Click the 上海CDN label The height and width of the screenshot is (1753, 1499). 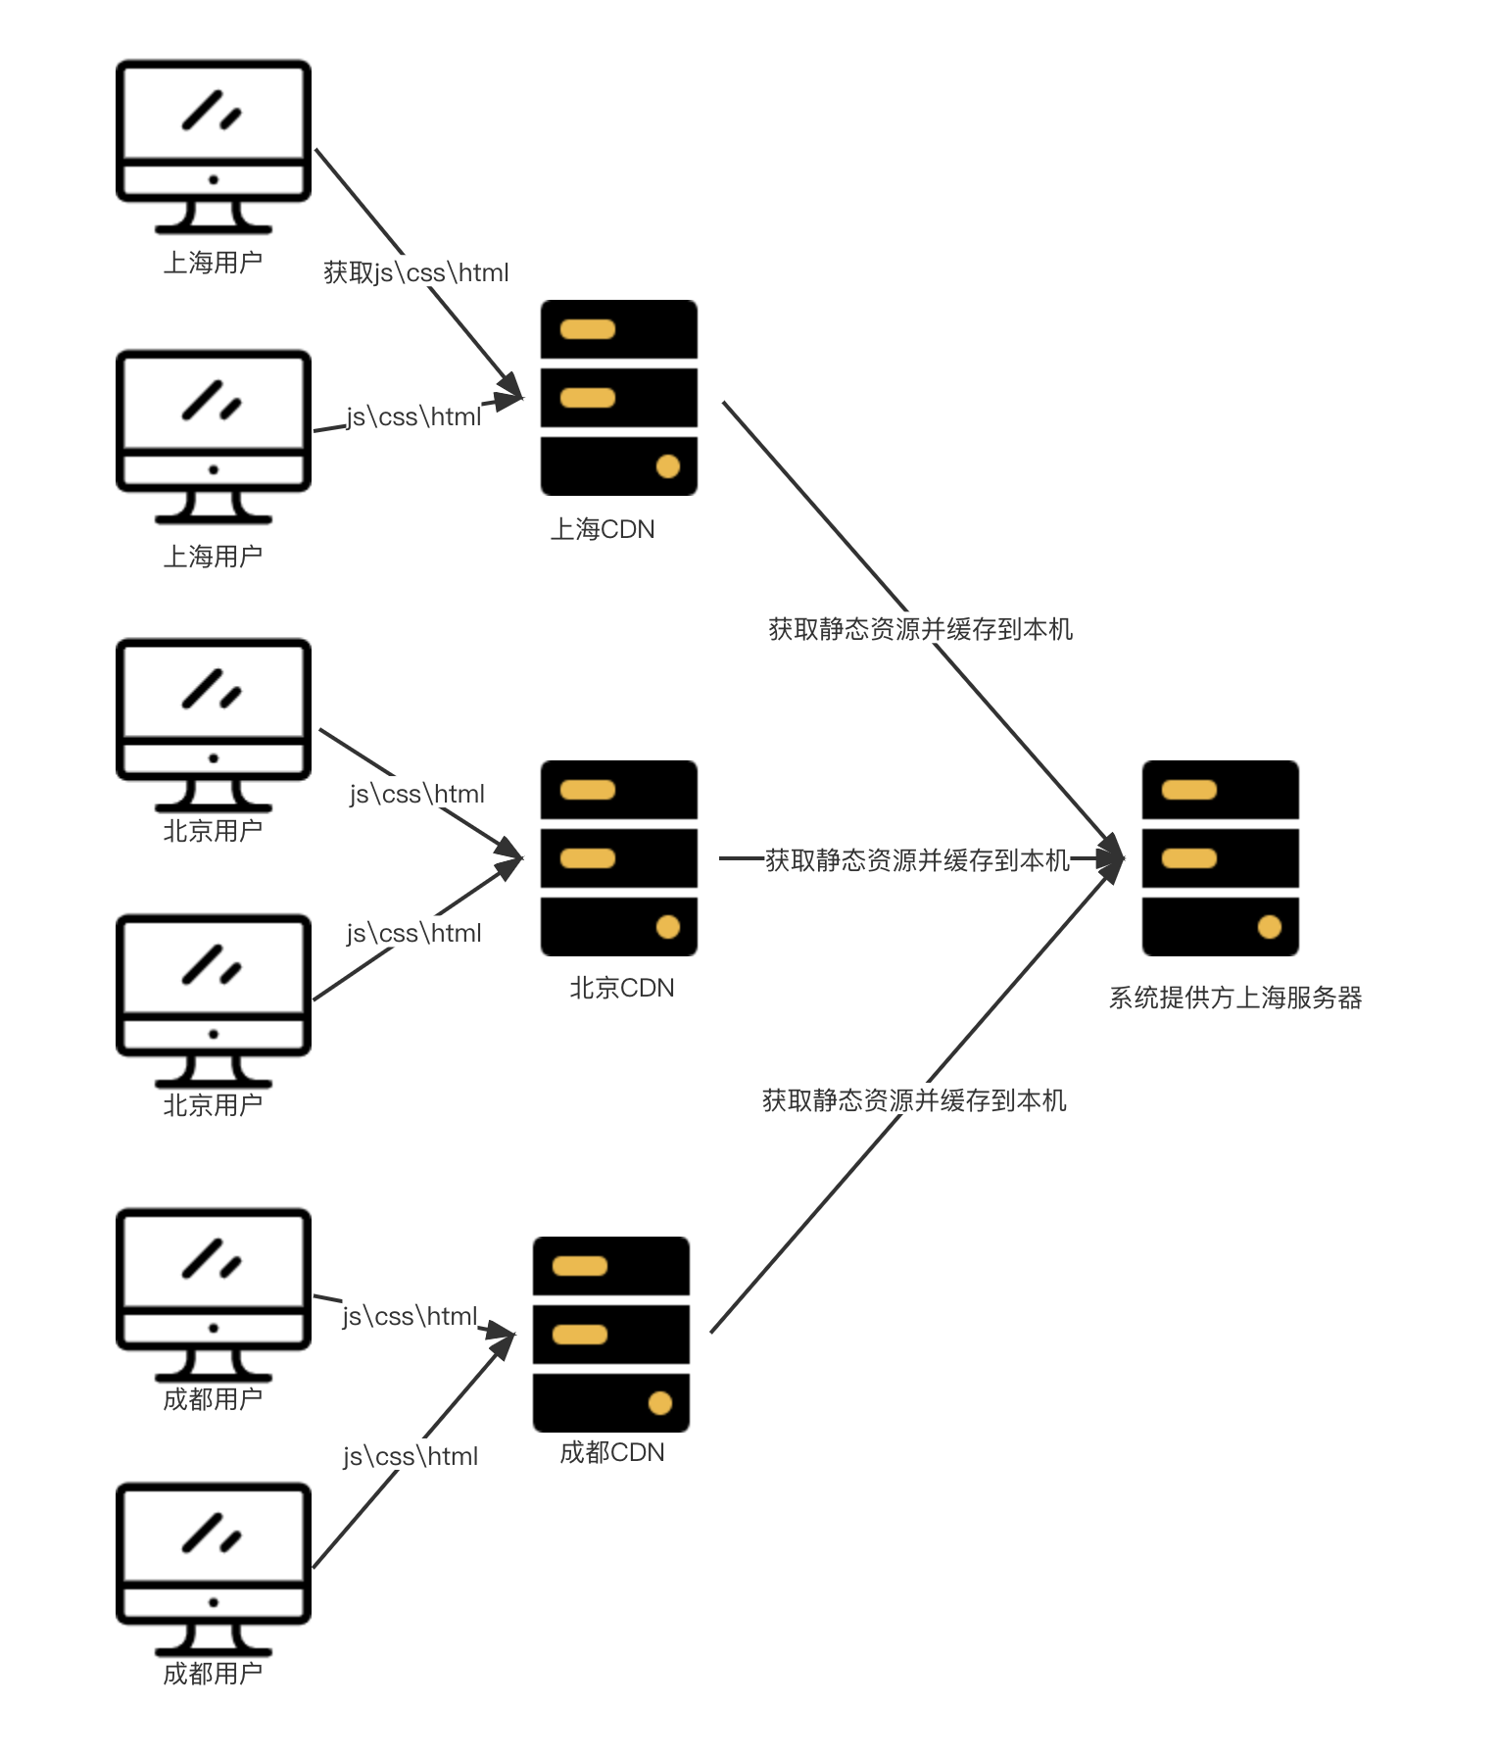tap(603, 529)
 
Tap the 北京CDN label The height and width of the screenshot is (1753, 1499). tap(622, 988)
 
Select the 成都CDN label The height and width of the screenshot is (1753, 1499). tap(612, 1452)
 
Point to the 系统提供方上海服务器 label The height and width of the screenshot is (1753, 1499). tap(1235, 998)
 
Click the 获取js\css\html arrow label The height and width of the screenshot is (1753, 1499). tap(415, 271)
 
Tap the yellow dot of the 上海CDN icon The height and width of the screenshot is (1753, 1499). tap(668, 466)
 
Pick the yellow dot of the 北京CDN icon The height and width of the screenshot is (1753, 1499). tap(668, 927)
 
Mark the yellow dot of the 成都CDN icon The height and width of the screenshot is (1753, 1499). tap(660, 1403)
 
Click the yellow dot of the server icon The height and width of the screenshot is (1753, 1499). tap(1270, 927)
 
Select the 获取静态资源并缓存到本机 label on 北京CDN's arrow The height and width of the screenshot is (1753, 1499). tap(917, 859)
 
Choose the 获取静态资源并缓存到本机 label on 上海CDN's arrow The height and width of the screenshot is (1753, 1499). tap(920, 628)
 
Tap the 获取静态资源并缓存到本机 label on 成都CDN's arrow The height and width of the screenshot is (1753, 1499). tap(914, 1099)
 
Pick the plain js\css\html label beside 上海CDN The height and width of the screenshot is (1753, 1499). tap(413, 415)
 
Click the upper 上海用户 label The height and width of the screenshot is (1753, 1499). tap(213, 263)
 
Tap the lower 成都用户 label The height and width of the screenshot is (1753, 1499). tap(213, 1674)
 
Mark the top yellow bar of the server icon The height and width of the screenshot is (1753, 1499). tap(1189, 790)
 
